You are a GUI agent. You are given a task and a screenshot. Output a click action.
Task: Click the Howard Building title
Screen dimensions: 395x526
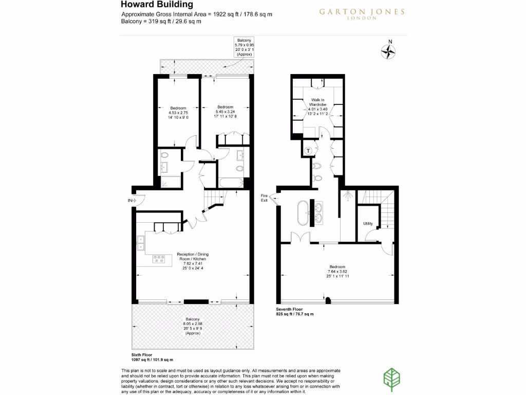[x=150, y=5]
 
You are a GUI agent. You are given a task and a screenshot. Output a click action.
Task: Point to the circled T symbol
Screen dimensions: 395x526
[x=308, y=150]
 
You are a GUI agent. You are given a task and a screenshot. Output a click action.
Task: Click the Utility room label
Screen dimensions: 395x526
[x=368, y=224]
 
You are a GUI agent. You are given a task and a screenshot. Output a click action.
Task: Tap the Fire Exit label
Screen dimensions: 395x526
[x=265, y=198]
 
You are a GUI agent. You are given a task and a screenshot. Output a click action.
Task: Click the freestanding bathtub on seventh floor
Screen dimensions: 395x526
[x=302, y=213]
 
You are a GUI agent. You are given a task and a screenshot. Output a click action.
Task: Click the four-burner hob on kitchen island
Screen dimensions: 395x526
[x=159, y=260]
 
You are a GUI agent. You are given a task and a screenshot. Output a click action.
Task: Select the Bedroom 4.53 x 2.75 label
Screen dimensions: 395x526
[x=178, y=113]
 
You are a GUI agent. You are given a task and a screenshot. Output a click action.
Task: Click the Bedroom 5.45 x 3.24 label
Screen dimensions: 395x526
[x=226, y=112]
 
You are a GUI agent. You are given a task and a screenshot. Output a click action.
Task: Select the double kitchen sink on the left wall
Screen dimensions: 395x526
[x=140, y=243]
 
